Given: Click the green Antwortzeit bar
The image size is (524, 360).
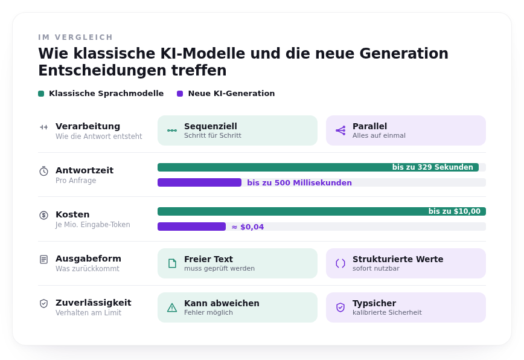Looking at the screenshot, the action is [318, 167].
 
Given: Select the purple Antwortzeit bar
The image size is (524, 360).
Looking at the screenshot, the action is [199, 182].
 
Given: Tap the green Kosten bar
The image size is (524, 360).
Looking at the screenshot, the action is [322, 211].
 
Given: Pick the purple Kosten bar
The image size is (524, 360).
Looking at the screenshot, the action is [191, 227].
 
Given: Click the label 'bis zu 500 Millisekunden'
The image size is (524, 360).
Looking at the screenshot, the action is [299, 183].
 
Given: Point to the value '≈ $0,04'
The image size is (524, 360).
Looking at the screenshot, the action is [248, 227].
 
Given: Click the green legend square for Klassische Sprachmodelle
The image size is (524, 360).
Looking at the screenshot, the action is [41, 94].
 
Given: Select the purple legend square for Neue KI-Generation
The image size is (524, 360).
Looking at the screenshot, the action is [180, 94].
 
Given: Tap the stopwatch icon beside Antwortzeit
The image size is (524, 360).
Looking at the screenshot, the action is [44, 171].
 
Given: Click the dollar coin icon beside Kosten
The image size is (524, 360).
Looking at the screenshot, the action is [44, 215].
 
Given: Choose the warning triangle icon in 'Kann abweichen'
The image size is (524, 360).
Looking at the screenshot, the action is [172, 307].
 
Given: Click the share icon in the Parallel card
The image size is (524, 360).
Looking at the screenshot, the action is [340, 130].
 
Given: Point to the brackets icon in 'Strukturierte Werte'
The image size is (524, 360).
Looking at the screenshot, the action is [340, 263].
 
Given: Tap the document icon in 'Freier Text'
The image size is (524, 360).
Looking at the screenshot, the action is [172, 263].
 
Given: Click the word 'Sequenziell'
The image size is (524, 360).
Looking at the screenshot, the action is [211, 126].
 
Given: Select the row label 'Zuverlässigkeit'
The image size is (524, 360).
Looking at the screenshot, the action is [93, 303].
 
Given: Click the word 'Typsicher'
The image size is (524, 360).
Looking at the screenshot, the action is [374, 303].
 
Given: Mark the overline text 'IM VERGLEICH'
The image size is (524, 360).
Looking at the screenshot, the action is [75, 37].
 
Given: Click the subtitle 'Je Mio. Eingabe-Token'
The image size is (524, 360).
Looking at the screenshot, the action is [92, 225].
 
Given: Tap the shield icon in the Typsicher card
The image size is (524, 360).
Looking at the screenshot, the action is [340, 307].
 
